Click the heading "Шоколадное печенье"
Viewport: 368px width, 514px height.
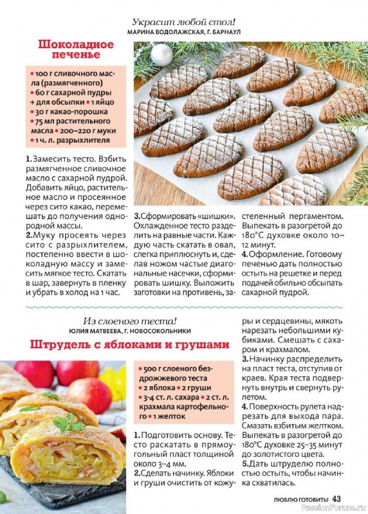tap(76, 50)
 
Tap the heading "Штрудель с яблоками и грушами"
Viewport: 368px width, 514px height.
tap(129, 344)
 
